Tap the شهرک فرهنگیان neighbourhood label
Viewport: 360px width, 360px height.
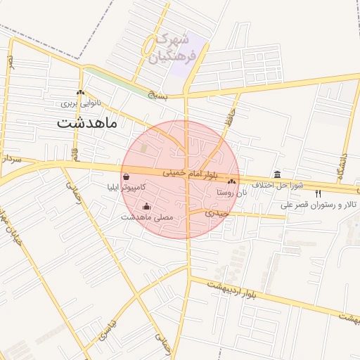tap(172, 48)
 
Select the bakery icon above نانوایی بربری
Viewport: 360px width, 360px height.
tap(80, 93)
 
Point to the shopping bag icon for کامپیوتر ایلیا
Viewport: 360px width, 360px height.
tap(125, 177)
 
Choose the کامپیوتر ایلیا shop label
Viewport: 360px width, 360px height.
tap(126, 188)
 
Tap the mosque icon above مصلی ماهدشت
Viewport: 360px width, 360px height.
tap(146, 206)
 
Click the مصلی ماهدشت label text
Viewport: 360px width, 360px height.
tap(146, 217)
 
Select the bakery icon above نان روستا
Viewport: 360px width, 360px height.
tap(231, 181)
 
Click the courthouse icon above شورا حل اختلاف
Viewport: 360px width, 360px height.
tap(278, 174)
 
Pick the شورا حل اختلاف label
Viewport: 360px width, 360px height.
tap(278, 185)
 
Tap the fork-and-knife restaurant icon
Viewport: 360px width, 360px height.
tap(319, 194)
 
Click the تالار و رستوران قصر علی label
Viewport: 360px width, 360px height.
tap(320, 205)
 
